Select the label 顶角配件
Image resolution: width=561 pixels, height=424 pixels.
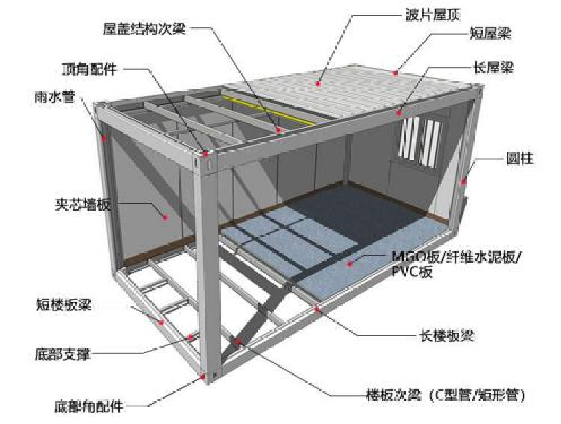click(x=93, y=70)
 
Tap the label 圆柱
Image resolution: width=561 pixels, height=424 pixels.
click(x=520, y=158)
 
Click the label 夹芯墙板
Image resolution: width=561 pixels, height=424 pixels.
click(x=82, y=204)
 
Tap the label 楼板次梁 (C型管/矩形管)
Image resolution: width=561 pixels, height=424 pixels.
click(x=443, y=396)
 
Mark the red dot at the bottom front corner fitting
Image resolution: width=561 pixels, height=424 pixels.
click(x=202, y=376)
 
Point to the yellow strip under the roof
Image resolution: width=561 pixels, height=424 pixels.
click(x=261, y=108)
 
